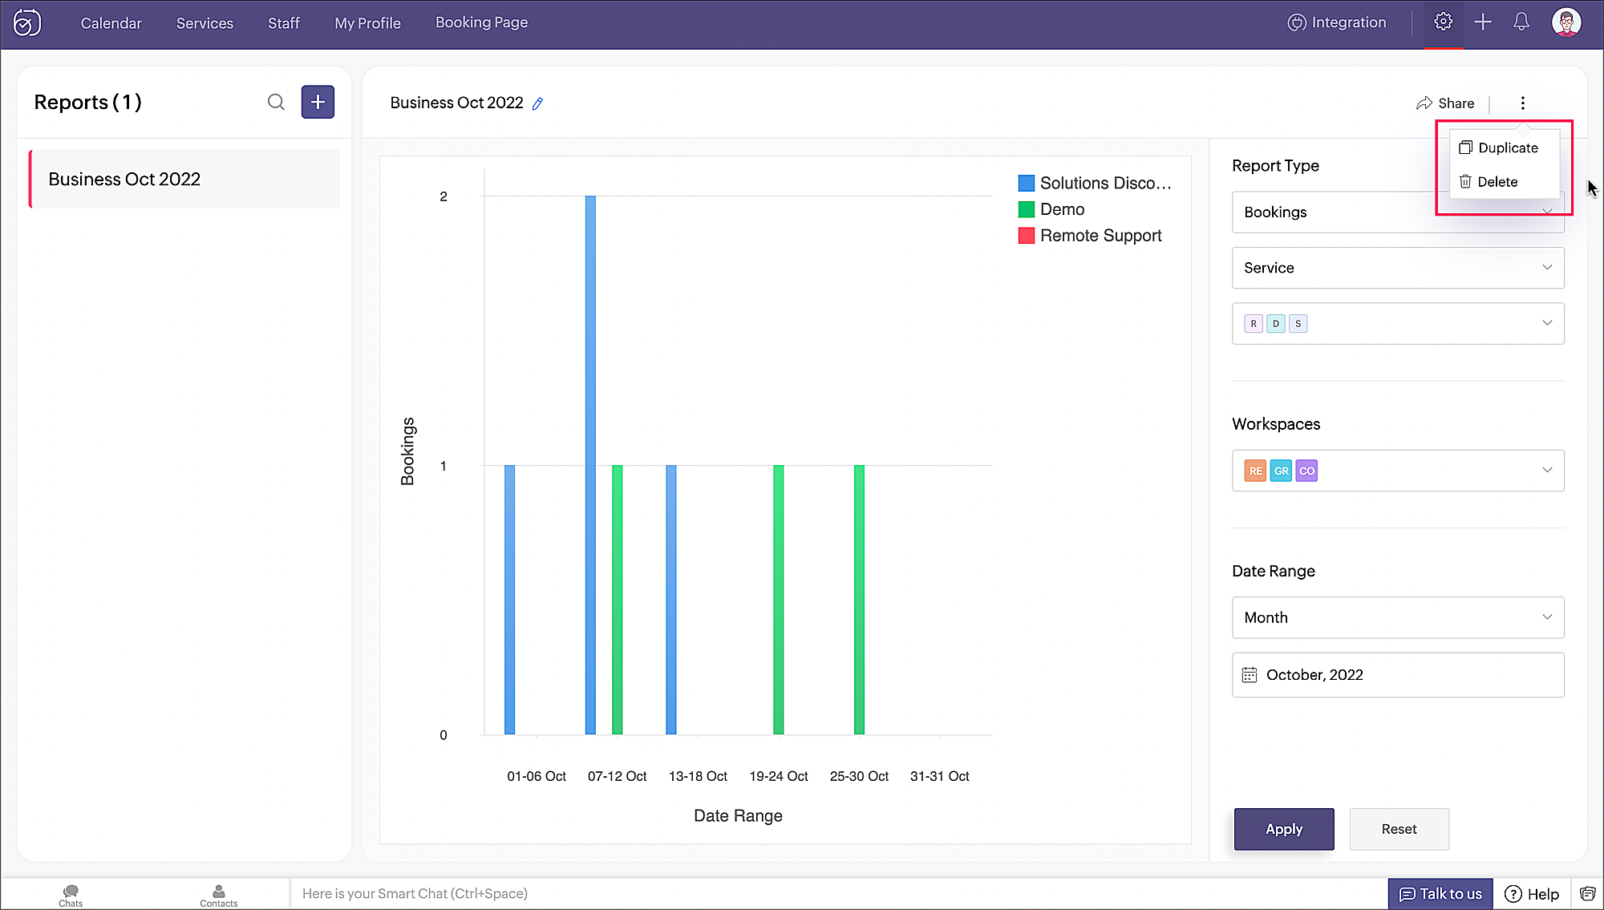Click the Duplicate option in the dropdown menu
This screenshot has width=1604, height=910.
coord(1498,148)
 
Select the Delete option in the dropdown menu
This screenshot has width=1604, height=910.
coord(1489,182)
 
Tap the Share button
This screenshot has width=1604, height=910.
coord(1445,103)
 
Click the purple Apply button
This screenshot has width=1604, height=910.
coord(1284,829)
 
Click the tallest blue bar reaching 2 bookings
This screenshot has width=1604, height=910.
coord(590,465)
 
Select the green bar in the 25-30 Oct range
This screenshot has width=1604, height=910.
coord(859,600)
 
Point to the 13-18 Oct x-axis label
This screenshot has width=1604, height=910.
coord(698,776)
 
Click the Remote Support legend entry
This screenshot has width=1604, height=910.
coord(1090,236)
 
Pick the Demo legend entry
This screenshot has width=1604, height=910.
coord(1051,209)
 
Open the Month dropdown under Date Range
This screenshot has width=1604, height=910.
coord(1398,617)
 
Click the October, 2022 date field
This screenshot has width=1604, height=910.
coord(1398,675)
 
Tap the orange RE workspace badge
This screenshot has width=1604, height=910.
coord(1255,471)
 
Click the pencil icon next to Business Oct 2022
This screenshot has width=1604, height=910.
coord(538,103)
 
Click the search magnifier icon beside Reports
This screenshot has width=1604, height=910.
coord(276,102)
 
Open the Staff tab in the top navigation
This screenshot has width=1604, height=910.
coord(284,23)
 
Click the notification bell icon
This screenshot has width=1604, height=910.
coord(1521,22)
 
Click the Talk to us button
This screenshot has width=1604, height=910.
coord(1440,894)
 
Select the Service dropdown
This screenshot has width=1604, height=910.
coord(1398,268)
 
